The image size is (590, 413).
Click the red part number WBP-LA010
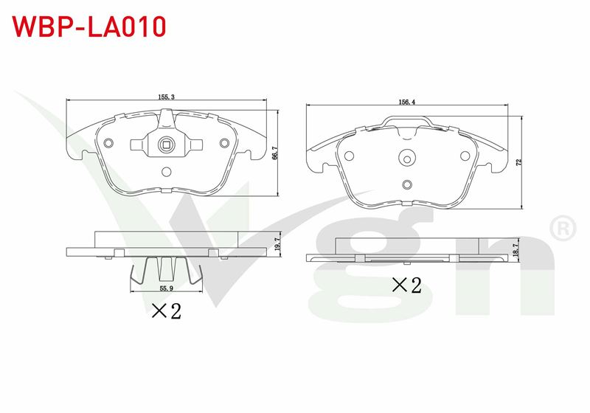tap(89, 27)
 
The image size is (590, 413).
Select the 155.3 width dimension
tap(166, 97)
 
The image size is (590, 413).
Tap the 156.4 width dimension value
tap(407, 102)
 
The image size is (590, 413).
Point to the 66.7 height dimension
tap(274, 153)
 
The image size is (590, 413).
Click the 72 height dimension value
tap(519, 162)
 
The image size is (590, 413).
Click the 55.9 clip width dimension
tap(166, 288)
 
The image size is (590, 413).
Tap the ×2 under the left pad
tap(167, 311)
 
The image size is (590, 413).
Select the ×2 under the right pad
tap(407, 285)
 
